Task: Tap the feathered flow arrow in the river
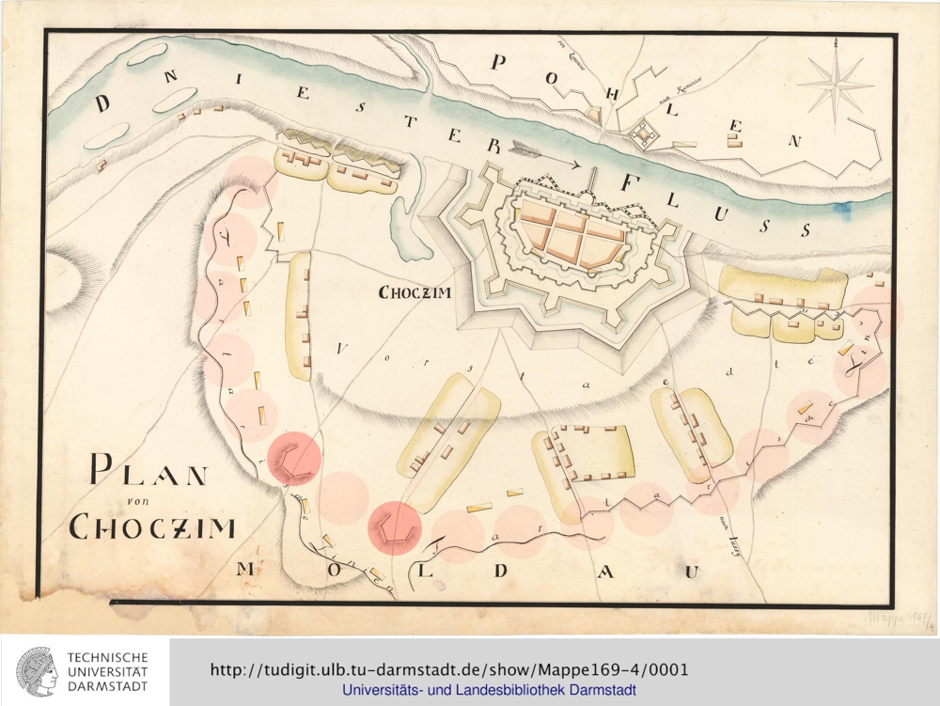coord(545,154)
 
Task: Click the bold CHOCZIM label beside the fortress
coord(415,292)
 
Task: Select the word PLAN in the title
coord(149,471)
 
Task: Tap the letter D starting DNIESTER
coord(102,103)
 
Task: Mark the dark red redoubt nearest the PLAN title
coord(294,458)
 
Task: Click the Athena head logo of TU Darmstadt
coord(36,671)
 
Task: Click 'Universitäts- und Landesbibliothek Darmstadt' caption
coord(489,691)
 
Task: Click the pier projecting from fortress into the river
coord(593,180)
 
